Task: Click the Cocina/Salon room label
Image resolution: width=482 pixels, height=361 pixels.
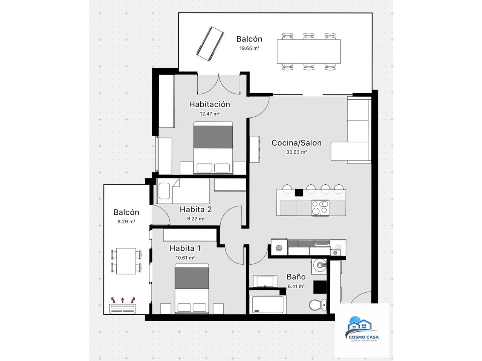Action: point(296,143)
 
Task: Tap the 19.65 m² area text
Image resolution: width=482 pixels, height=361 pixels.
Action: point(249,48)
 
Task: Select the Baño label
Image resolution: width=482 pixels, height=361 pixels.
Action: point(296,277)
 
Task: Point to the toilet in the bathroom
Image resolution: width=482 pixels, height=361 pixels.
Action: point(317,305)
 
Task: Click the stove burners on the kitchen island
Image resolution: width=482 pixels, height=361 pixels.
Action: point(320,208)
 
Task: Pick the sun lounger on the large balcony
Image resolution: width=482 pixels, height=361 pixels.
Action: point(210,44)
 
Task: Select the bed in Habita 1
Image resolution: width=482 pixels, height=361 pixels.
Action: point(192,289)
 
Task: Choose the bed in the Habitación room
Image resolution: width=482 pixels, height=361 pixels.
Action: point(213,148)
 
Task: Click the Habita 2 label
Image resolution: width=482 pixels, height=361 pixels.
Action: point(196,209)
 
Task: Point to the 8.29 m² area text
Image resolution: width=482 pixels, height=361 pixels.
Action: point(126,221)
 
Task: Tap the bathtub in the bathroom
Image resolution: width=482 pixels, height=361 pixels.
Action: point(268,304)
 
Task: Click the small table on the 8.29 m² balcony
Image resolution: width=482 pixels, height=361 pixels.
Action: point(126,261)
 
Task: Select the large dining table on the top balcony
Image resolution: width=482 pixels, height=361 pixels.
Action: point(309,52)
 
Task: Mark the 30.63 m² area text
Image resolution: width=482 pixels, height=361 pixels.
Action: point(296,152)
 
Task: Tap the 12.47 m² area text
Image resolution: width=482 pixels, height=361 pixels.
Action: point(209,114)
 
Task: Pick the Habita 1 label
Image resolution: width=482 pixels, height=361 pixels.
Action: point(185,248)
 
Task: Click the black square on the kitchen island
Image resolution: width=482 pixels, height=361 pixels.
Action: point(299,193)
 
